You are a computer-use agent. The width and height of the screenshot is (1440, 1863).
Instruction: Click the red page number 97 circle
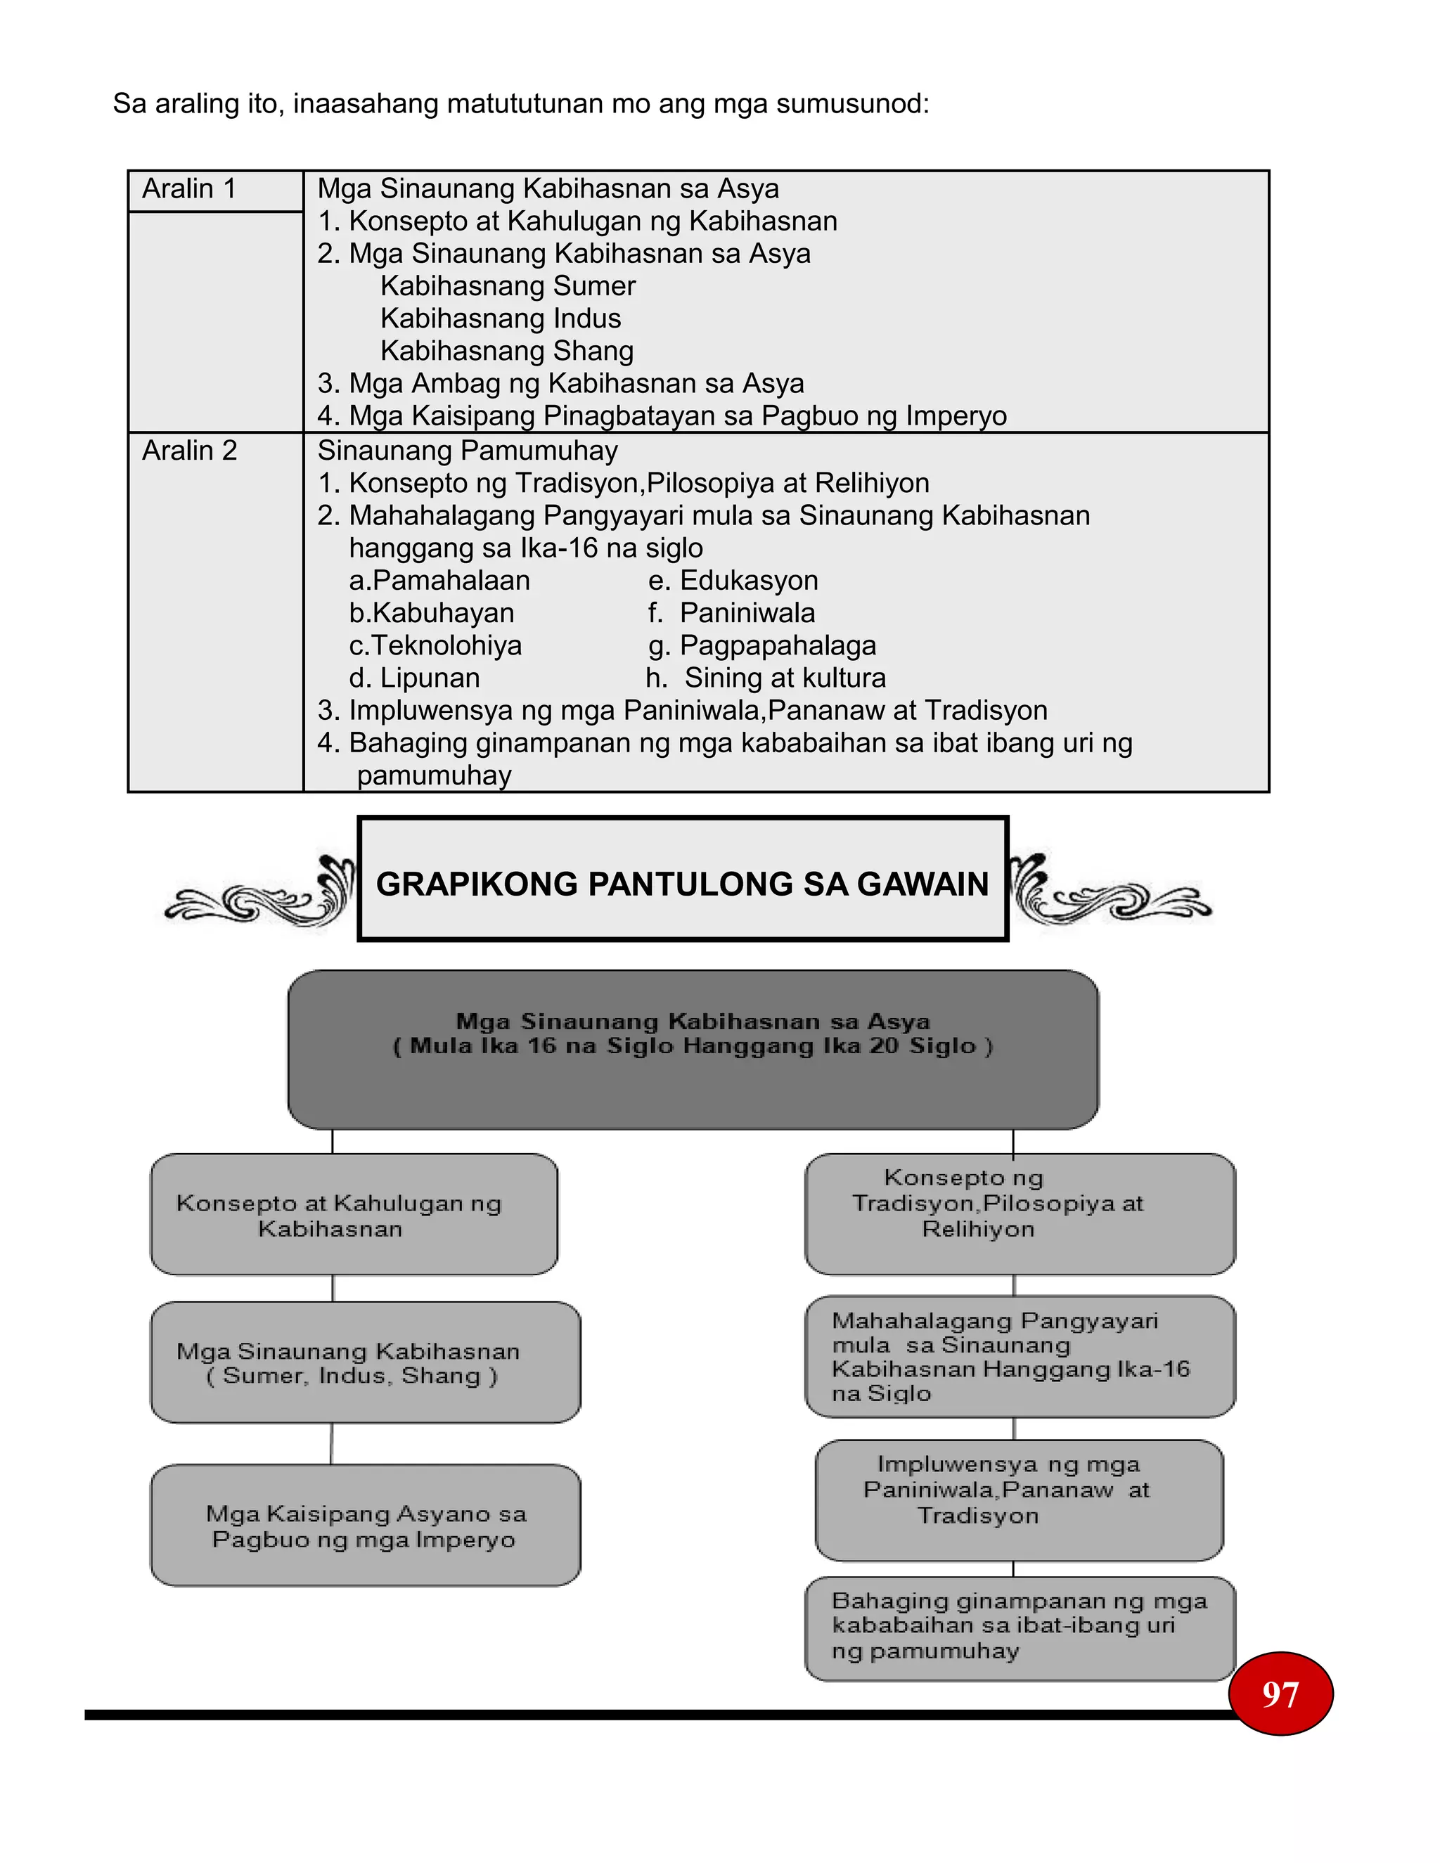[1280, 1694]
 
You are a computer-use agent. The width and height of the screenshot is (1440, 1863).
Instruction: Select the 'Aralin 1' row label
[188, 188]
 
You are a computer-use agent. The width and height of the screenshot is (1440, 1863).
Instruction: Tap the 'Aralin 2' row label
[189, 451]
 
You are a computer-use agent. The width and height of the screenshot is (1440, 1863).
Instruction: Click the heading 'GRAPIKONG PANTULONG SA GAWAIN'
[683, 884]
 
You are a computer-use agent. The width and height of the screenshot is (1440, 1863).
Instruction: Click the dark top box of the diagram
[693, 1049]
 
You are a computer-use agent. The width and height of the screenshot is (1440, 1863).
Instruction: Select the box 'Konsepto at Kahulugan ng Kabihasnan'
[354, 1215]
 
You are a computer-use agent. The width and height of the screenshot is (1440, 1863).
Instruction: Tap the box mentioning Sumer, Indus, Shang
[365, 1362]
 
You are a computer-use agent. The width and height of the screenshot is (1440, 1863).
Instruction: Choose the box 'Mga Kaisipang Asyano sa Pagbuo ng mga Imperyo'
[365, 1526]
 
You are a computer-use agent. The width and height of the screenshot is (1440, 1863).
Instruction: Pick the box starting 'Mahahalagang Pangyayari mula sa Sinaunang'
[1020, 1357]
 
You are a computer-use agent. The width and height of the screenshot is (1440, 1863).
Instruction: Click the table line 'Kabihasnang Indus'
[501, 318]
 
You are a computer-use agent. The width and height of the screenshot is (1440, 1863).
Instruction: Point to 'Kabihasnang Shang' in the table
[507, 351]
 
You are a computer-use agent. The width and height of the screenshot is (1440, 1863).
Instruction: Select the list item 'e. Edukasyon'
[733, 580]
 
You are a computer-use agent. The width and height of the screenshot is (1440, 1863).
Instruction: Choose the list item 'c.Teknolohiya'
[435, 645]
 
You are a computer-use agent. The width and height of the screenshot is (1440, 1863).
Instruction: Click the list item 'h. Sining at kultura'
[765, 677]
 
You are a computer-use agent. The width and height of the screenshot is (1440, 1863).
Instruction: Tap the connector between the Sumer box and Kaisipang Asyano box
[332, 1443]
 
